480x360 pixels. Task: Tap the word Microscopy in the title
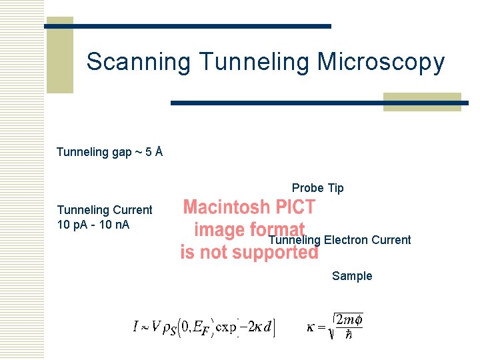[381, 62]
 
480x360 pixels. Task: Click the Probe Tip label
[317, 188]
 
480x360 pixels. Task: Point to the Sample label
[352, 276]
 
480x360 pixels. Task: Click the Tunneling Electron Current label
[340, 240]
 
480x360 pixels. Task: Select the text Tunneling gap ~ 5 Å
[109, 152]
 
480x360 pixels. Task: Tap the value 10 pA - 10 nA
[93, 224]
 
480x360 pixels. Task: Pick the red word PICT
[297, 207]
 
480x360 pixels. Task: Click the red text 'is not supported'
[249, 253]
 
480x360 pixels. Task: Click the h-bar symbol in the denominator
[349, 335]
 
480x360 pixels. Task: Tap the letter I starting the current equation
[135, 327]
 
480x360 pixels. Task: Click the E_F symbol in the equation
[203, 329]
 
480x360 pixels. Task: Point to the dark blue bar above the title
[188, 26]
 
